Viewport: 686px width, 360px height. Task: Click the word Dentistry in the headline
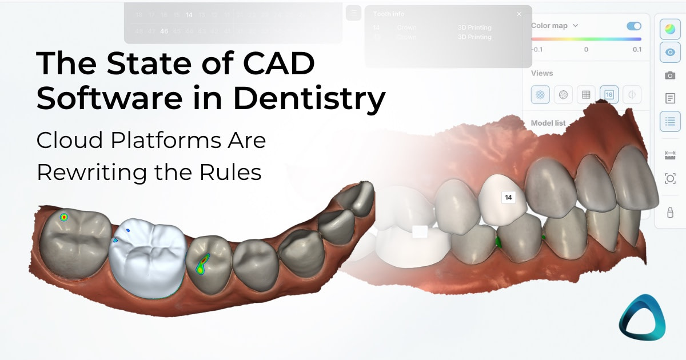point(309,98)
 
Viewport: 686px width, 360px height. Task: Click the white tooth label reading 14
point(508,198)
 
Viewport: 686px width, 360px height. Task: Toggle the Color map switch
point(634,26)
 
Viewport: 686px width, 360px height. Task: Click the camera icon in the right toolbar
point(670,75)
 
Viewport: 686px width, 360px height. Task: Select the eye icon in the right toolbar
point(670,52)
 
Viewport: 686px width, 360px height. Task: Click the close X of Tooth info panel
point(519,14)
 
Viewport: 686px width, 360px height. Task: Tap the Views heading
point(541,73)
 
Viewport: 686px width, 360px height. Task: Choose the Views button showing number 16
point(609,95)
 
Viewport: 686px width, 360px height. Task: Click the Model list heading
point(548,123)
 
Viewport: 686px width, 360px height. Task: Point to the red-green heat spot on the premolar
point(202,265)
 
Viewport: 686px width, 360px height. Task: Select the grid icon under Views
point(586,95)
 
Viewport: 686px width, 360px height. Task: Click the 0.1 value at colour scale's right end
point(637,50)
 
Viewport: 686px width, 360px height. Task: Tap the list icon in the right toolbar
point(670,121)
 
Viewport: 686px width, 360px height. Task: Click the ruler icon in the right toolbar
point(670,155)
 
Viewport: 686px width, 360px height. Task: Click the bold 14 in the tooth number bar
point(189,15)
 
